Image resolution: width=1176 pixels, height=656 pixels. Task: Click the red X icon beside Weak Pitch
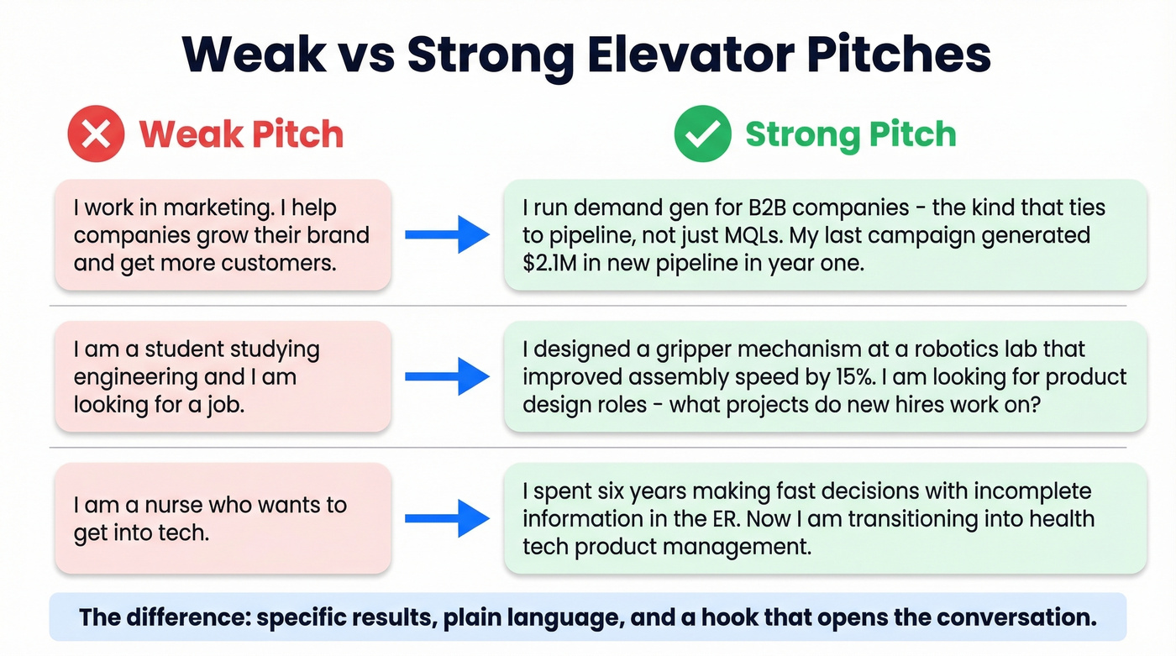tap(96, 134)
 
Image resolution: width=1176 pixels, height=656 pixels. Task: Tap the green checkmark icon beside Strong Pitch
tap(702, 134)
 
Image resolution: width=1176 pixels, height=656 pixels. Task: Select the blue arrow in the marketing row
tap(447, 235)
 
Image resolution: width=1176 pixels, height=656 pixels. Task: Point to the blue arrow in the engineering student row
tap(447, 376)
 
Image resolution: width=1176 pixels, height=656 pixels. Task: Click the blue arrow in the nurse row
tap(447, 518)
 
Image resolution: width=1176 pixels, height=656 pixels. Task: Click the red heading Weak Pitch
tap(241, 134)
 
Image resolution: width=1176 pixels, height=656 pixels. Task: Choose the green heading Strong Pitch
tap(850, 134)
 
